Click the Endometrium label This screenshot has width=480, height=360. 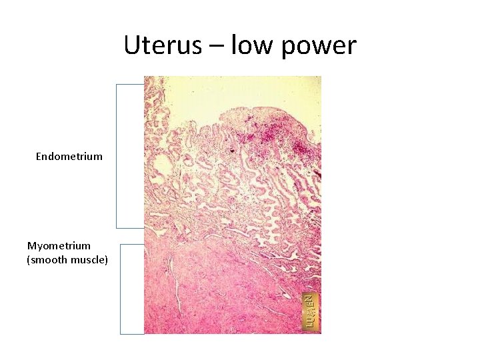click(x=69, y=157)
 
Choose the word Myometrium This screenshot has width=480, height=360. click(x=59, y=246)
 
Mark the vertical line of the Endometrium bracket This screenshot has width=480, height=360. click(x=117, y=156)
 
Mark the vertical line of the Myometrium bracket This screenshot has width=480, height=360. click(x=121, y=288)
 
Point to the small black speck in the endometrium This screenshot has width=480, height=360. click(x=231, y=150)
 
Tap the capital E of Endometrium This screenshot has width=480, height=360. click(x=39, y=157)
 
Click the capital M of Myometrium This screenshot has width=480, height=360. click(x=31, y=246)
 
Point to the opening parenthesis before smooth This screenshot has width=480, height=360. click(x=29, y=260)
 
